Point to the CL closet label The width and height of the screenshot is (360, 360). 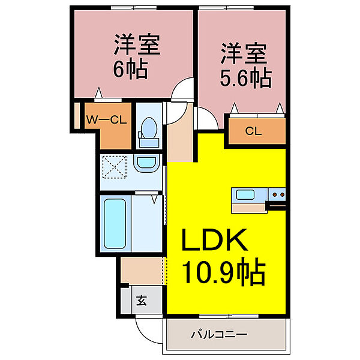[x=253, y=131]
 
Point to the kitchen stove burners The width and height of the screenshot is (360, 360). [x=277, y=194]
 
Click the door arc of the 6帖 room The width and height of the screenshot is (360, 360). [x=180, y=92]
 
